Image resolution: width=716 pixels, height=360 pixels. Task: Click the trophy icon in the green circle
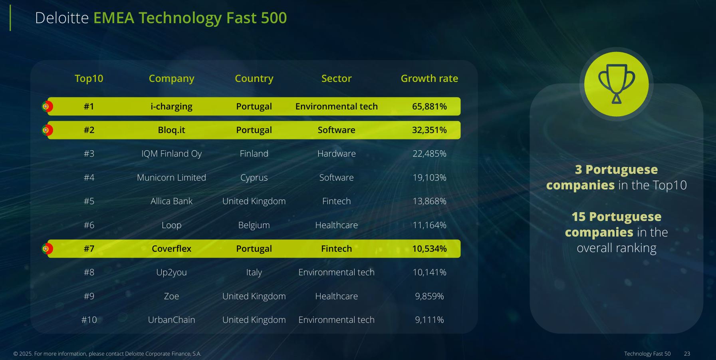coord(616,84)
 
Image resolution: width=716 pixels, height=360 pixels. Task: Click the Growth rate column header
coord(429,78)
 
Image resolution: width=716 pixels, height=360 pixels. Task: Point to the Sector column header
coord(336,78)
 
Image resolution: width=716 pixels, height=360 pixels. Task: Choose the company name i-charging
coord(171,106)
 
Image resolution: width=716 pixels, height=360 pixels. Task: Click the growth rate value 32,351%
coord(429,130)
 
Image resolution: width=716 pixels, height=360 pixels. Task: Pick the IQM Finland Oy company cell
coord(171,154)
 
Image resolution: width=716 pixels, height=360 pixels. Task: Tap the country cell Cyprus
coord(254,177)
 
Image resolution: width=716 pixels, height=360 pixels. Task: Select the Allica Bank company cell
coord(171,201)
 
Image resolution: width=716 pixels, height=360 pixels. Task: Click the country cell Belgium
coord(254,225)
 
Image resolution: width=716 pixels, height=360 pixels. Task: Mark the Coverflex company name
coord(171,249)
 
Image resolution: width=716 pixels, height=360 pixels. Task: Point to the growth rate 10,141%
coord(429,272)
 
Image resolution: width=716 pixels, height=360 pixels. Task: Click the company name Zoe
coord(171,296)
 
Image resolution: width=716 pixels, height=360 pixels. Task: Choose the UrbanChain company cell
coord(171,320)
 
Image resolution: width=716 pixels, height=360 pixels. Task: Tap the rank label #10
coord(89,320)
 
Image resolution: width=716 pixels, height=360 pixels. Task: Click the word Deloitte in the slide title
coord(62,18)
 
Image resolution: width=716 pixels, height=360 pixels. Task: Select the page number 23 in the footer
coord(687,354)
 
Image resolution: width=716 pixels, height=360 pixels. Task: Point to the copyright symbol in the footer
coord(16,354)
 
